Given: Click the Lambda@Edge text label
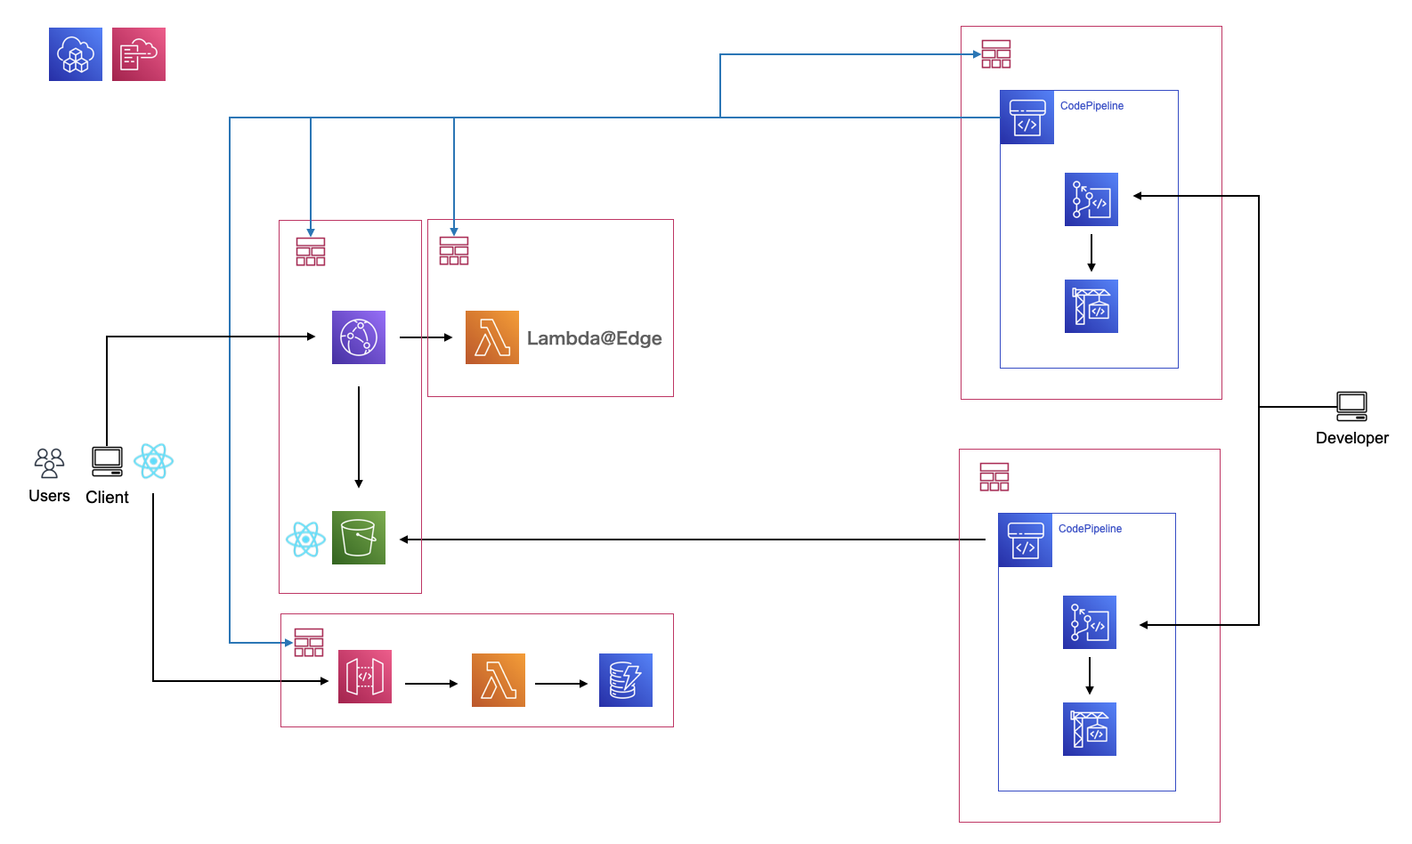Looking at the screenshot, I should pyautogui.click(x=594, y=338).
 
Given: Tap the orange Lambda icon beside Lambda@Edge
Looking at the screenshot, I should pyautogui.click(x=492, y=337).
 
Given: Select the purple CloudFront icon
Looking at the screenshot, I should pyautogui.click(x=359, y=337).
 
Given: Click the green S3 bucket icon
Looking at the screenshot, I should pyautogui.click(x=359, y=538).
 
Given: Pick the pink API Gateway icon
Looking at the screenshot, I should pyautogui.click(x=365, y=677).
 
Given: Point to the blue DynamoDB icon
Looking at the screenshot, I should pyautogui.click(x=626, y=680).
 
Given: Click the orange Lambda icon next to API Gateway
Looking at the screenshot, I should pyautogui.click(x=499, y=680).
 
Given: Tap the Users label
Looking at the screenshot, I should pyautogui.click(x=49, y=496).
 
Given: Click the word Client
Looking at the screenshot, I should pyautogui.click(x=107, y=498).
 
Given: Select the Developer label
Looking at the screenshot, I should pyautogui.click(x=1351, y=438).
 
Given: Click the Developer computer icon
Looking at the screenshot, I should pyautogui.click(x=1351, y=406).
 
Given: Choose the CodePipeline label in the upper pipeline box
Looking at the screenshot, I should pyautogui.click(x=1091, y=106).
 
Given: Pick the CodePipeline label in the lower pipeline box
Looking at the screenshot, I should pyautogui.click(x=1090, y=529).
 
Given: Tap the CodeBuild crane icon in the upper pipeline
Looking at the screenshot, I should pyautogui.click(x=1091, y=306).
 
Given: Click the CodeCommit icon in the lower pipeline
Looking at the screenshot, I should pyautogui.click(x=1090, y=622).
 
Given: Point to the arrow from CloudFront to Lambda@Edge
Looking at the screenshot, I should pyautogui.click(x=426, y=337).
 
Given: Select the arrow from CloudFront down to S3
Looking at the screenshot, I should pyautogui.click(x=359, y=436).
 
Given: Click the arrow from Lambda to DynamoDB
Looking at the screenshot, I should pyautogui.click(x=561, y=684).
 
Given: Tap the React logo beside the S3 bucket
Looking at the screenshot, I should pyautogui.click(x=305, y=540).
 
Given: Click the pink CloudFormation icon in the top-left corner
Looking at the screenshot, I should pyautogui.click(x=139, y=54).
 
